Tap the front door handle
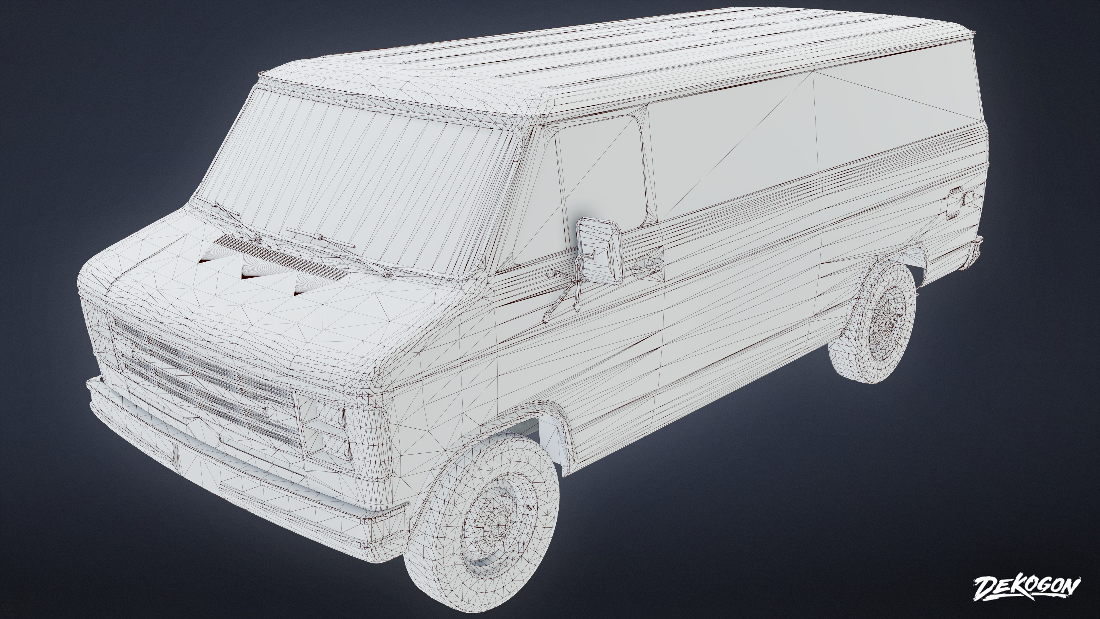pyautogui.click(x=647, y=266)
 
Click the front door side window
pyautogui.click(x=602, y=175)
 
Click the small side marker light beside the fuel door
pyautogui.click(x=968, y=197)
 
